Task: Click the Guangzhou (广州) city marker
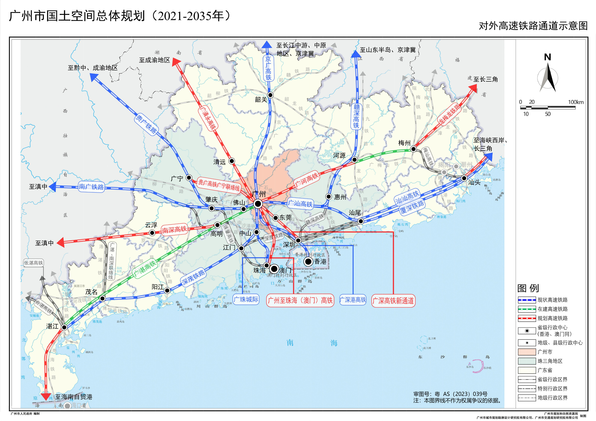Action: (x=258, y=204)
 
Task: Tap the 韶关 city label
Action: (x=261, y=99)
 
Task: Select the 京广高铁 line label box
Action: (x=268, y=68)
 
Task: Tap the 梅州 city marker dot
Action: (x=413, y=149)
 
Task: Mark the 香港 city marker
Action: (x=308, y=262)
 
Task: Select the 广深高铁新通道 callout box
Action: (x=393, y=301)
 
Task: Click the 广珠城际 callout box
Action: (x=246, y=299)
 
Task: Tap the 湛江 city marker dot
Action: (x=64, y=327)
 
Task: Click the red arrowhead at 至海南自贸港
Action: (x=46, y=396)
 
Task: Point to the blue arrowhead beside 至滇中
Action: (x=53, y=187)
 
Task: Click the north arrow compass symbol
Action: (x=548, y=77)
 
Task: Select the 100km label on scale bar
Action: (x=576, y=102)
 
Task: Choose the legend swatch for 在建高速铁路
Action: (x=527, y=309)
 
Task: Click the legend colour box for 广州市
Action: (x=527, y=352)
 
